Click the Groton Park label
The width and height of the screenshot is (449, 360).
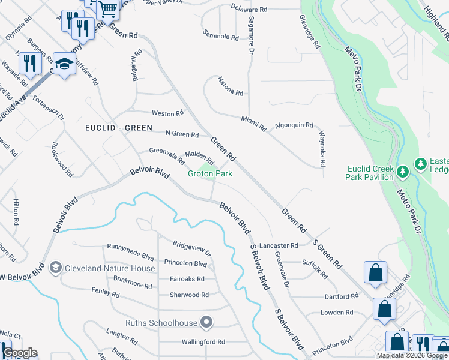[210, 174]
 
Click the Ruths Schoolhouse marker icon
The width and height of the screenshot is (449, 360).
[206, 323]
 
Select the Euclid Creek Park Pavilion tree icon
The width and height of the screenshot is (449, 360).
[403, 172]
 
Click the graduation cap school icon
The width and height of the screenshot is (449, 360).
[64, 63]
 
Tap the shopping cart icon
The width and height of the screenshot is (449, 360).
[108, 8]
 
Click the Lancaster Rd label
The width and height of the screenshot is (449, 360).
[279, 245]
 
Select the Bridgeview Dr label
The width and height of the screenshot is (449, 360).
[192, 248]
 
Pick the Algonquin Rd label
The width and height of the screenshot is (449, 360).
[294, 125]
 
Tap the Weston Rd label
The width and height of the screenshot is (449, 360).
[167, 113]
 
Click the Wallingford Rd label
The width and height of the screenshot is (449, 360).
[203, 342]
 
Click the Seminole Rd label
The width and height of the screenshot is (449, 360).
[221, 37]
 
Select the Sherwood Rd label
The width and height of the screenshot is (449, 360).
[189, 295]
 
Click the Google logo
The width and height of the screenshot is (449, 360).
[20, 353]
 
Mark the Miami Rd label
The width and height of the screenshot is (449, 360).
[254, 124]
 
